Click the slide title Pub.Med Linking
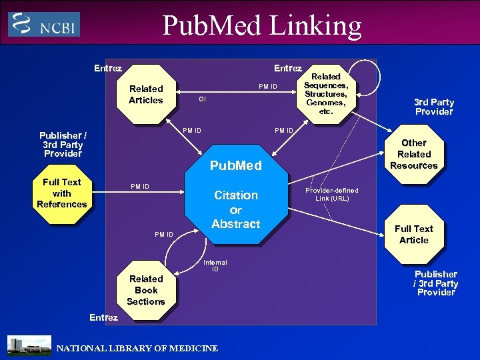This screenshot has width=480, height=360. (x=262, y=25)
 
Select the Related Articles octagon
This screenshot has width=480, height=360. (x=146, y=94)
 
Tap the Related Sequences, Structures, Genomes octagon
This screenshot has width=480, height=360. (x=326, y=94)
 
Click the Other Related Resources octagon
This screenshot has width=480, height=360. (x=413, y=154)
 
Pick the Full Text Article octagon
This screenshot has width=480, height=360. (x=413, y=235)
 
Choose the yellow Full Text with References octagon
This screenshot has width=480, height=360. (x=62, y=193)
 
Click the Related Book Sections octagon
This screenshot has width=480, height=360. (x=146, y=290)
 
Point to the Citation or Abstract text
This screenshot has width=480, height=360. (x=235, y=209)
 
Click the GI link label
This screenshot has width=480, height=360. (x=202, y=99)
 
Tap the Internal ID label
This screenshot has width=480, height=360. (x=215, y=266)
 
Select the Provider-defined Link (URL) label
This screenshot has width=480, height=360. (x=331, y=195)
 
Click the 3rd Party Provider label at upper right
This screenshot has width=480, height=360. (x=433, y=107)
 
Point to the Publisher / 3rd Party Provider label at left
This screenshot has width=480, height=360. (x=63, y=145)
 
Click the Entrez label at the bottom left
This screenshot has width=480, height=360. (x=103, y=317)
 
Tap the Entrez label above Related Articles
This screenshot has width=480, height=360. (x=108, y=68)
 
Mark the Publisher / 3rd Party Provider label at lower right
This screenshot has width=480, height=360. (x=435, y=283)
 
